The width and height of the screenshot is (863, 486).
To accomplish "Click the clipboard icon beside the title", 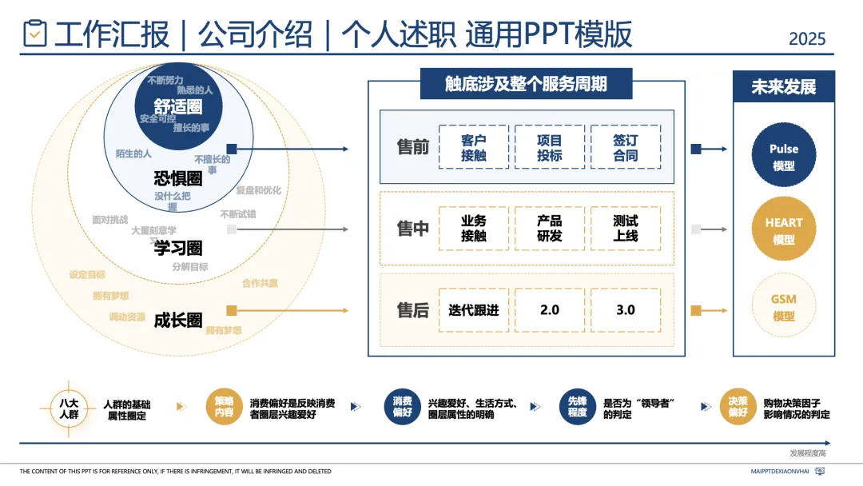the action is coord(35,34).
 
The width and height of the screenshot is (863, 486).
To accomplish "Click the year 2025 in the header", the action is coord(807,38).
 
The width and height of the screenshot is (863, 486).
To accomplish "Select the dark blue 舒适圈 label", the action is coord(178,106).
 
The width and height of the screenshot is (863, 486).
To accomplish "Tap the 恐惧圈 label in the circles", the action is coord(177,177).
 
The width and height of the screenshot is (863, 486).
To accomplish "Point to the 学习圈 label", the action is coord(177,248).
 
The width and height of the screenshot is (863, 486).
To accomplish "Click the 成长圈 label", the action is coord(177,320).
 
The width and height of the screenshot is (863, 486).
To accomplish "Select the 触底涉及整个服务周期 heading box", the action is coord(526,84).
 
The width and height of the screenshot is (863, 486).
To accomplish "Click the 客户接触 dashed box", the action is coord(474,147).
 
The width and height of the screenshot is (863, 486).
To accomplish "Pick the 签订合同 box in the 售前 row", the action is coord(626,147).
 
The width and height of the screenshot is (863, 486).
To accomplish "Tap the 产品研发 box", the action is coord(550,229).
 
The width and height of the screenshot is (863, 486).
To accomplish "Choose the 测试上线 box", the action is coord(626,229).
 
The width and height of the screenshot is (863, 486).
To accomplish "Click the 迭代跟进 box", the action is coord(474,310).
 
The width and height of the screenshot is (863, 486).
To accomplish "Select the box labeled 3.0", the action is coord(626,310).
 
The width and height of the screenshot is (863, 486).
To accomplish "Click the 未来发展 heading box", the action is coord(784,86).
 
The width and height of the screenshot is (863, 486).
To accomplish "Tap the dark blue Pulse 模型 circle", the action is coord(784,157).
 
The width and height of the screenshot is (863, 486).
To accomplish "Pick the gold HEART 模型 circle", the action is coord(784,230).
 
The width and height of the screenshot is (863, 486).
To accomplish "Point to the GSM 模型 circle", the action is coord(784,307).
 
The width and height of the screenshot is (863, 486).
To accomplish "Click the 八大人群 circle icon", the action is coord(69,408).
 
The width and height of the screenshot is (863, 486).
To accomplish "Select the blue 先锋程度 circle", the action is coord(578,408).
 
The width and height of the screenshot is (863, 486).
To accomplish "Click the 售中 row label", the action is coord(413,229).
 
